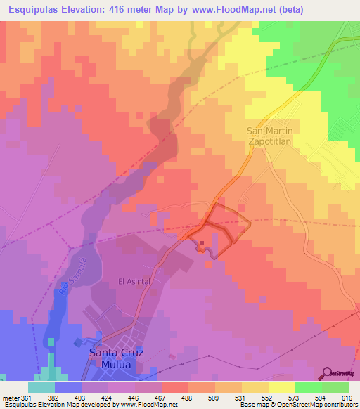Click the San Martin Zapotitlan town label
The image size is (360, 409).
274,136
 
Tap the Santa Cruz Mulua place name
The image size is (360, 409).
117,358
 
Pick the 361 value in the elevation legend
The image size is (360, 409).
28,398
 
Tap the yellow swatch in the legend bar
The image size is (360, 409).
281,387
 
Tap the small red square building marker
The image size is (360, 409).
202,245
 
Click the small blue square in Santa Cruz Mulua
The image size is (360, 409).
78,342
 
